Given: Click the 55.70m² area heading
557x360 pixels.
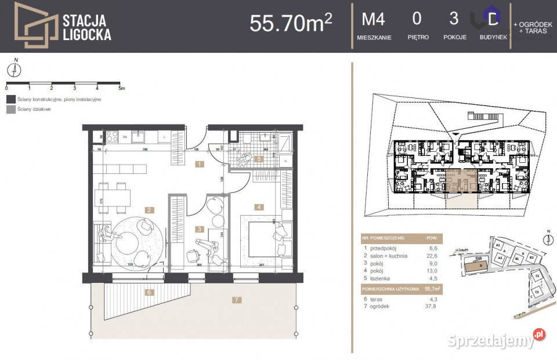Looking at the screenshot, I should [x=290, y=23].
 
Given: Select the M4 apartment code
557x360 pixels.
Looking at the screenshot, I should [x=374, y=19].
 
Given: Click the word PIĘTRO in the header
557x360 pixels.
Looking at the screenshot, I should [x=418, y=37].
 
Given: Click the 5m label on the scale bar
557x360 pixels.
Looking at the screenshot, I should [x=121, y=89].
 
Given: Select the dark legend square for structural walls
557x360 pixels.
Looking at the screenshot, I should [x=10, y=99].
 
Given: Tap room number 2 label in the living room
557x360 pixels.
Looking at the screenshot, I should [x=149, y=210].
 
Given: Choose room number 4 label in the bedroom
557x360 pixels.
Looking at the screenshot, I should [x=258, y=206].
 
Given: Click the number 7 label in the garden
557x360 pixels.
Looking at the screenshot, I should [x=236, y=300].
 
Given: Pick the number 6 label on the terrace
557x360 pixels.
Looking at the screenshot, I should [x=149, y=292].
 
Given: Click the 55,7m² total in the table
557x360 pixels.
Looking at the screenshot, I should [x=433, y=288].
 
